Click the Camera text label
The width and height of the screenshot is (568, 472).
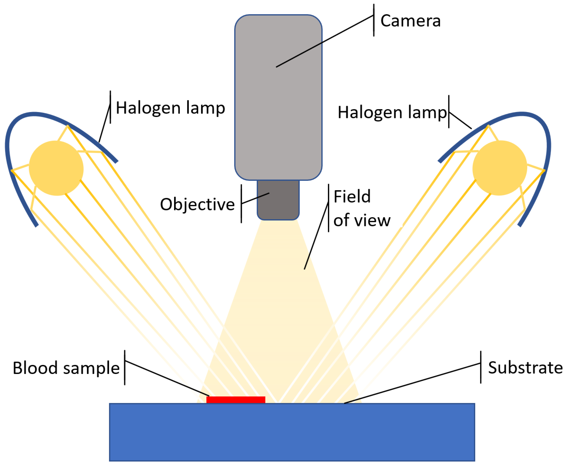click(410, 21)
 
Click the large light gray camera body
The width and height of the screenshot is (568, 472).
click(278, 108)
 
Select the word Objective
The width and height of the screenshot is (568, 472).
click(197, 205)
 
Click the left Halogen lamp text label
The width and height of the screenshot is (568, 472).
click(170, 108)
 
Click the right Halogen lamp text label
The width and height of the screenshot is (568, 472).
click(392, 113)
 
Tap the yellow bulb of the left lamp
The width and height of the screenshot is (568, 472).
click(56, 168)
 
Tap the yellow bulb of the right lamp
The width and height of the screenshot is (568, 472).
click(500, 168)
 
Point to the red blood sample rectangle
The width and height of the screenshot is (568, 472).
click(236, 400)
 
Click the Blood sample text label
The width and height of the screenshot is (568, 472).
click(66, 368)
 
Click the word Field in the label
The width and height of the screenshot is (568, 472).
click(352, 197)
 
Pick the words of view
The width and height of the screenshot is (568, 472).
click(362, 221)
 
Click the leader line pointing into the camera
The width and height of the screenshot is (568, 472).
click(325, 41)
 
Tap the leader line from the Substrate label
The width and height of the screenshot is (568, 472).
click(411, 384)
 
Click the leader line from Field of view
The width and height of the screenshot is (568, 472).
click(316, 236)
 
